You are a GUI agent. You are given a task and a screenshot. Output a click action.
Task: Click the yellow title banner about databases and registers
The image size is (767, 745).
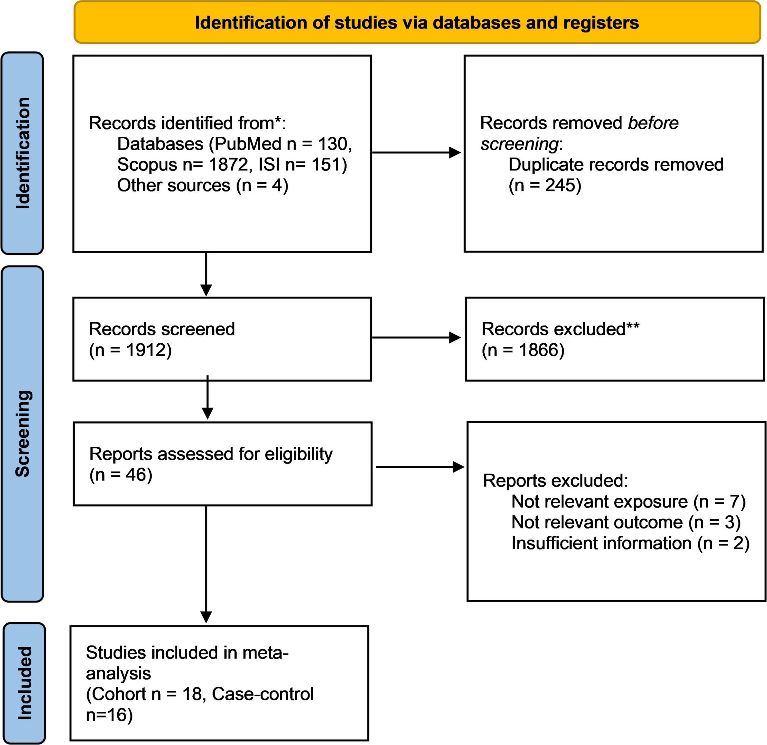tap(417, 22)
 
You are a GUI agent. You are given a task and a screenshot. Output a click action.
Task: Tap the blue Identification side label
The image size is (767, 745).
tap(22, 153)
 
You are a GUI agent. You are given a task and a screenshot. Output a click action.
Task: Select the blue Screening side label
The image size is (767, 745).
tap(22, 434)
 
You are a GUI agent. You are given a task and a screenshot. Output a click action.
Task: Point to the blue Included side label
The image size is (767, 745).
tap(24, 683)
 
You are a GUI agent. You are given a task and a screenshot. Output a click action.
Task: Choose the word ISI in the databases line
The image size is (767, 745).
tap(269, 164)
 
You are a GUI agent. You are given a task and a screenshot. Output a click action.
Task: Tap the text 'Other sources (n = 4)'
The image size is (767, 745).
tap(203, 185)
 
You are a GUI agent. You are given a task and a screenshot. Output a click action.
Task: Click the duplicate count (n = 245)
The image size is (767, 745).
tap(545, 185)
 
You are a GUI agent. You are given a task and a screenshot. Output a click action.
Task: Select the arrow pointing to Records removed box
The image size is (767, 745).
tap(416, 153)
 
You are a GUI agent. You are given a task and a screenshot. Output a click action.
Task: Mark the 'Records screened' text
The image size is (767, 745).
tap(162, 329)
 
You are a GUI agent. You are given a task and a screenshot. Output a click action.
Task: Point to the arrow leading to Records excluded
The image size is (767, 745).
tap(416, 338)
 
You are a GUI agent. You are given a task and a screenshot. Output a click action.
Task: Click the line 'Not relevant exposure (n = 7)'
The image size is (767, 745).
tap(628, 501)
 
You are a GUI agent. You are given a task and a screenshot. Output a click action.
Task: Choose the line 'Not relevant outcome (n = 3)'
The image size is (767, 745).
tap(626, 522)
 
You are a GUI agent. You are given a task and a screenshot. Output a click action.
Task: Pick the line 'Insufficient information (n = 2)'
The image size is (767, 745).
tap(630, 543)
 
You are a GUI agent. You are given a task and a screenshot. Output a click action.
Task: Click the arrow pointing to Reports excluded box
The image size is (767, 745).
tap(420, 467)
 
